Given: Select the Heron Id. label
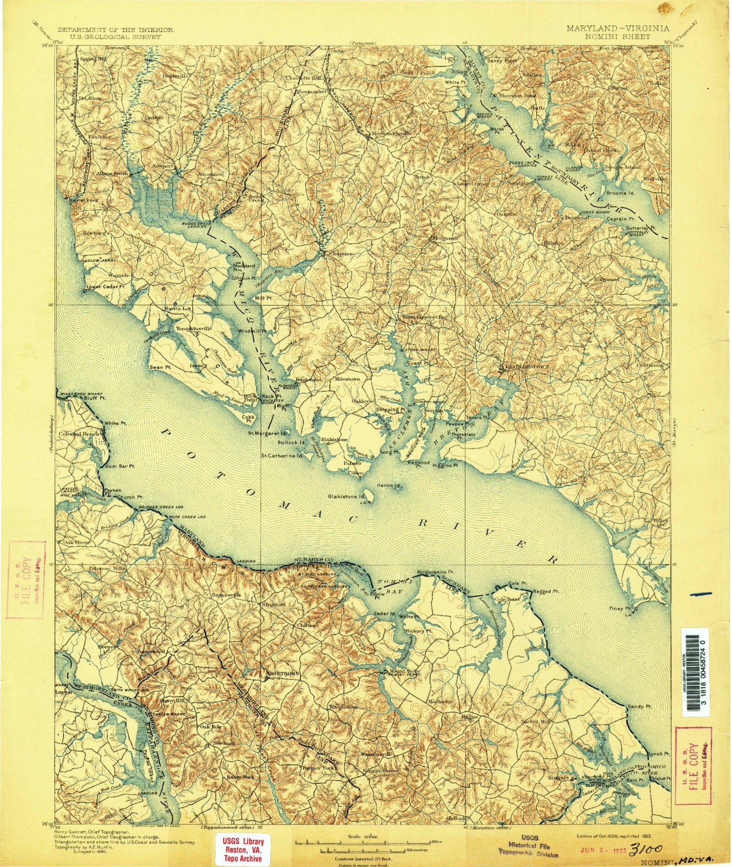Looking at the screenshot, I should [x=389, y=485].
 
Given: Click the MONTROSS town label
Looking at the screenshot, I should [x=283, y=674].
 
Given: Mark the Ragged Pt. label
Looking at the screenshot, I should [x=545, y=591].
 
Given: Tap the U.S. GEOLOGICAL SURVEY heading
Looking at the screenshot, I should [x=115, y=36].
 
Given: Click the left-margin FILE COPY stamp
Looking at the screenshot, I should [x=25, y=579].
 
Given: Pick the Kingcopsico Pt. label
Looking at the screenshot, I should [x=435, y=571].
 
